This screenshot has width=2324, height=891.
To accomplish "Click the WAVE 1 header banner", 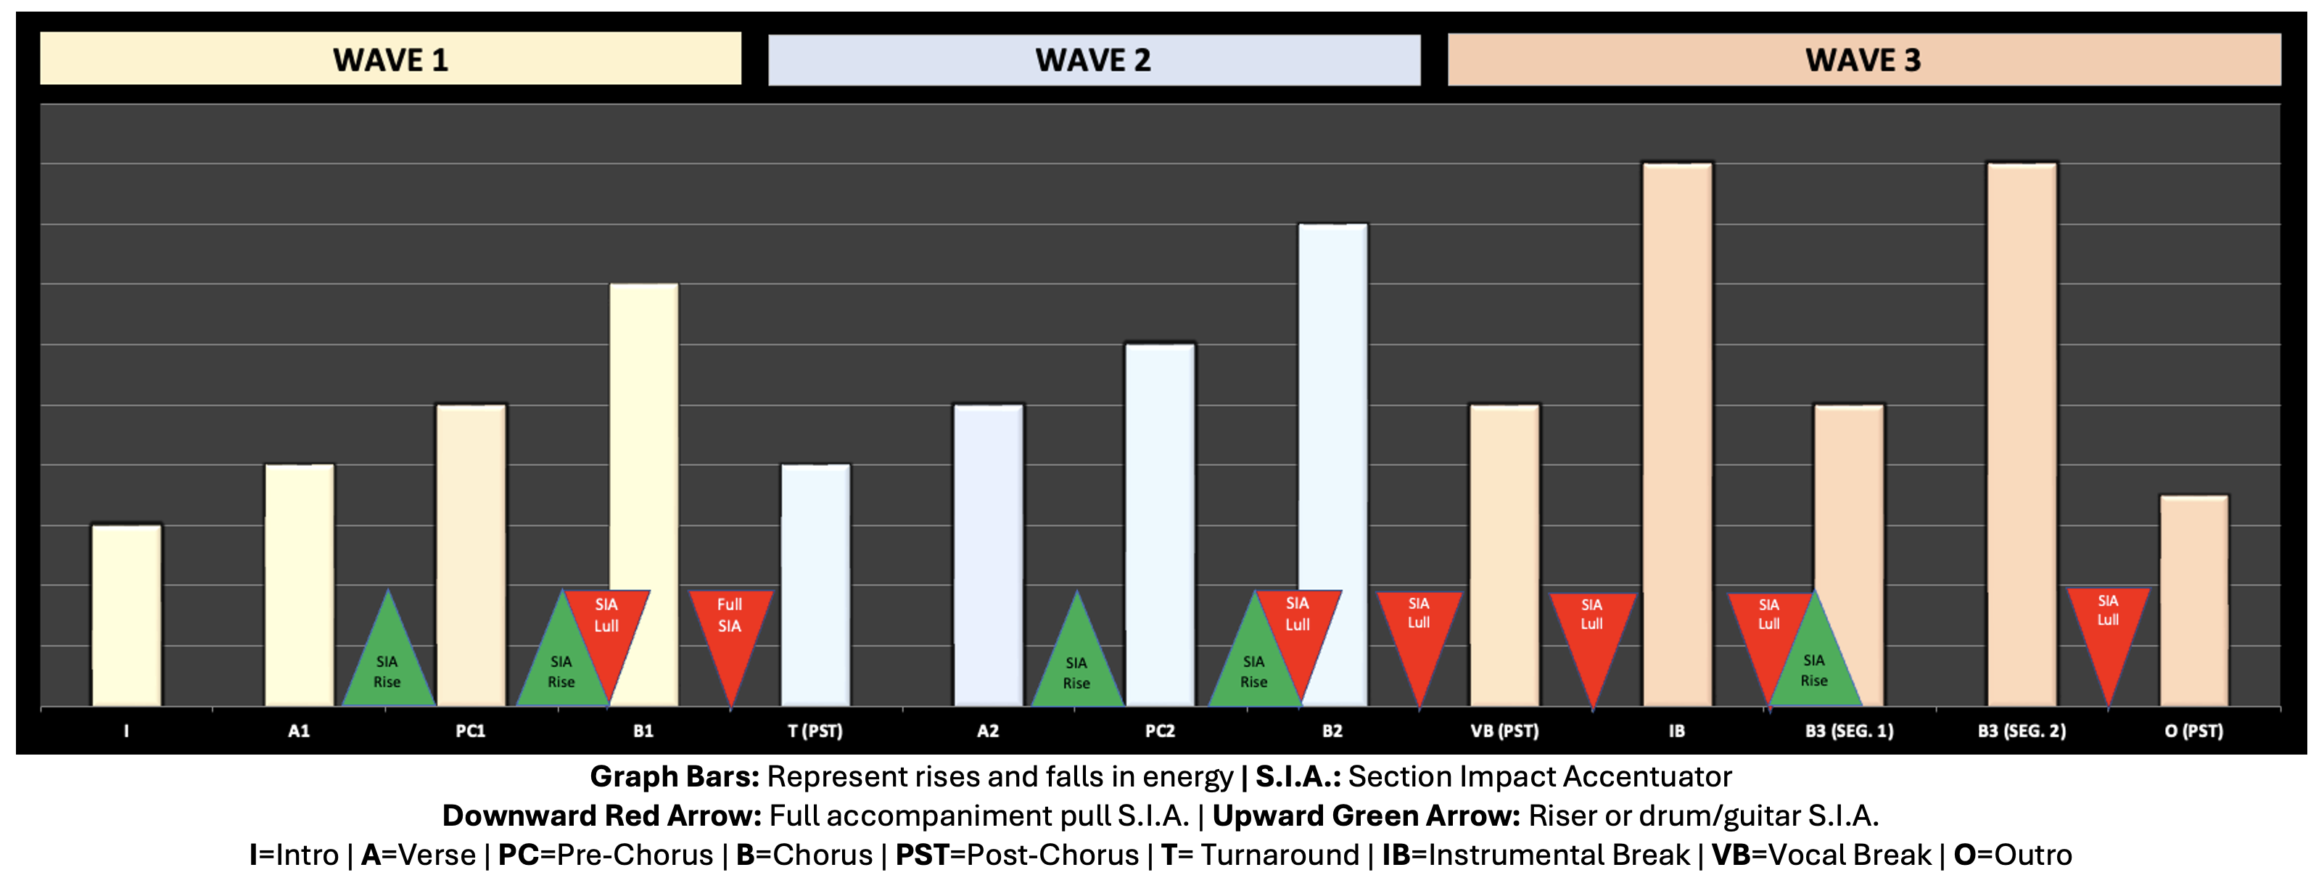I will pos(391,59).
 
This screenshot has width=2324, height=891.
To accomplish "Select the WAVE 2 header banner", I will pos(1093,60).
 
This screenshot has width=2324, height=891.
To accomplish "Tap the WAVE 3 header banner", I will pos(1864,60).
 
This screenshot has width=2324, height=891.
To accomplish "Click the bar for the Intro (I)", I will pos(126,614).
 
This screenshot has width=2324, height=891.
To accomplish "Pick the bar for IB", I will pos(1677,433).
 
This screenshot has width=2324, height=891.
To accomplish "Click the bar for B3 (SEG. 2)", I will pos(2022,433).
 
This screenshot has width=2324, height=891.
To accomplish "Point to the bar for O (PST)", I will pos(2194,600).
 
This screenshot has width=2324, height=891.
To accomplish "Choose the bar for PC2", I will pos(1161,524).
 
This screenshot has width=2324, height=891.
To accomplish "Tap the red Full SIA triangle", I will pos(730,632).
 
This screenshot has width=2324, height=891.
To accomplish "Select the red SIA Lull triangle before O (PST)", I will pos(2107,632).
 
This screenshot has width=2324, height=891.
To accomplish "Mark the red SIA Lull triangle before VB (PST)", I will pos(1419,632).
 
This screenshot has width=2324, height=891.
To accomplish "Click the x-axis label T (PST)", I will pos(815,731).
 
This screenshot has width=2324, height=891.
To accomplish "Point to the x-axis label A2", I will pos(988,731).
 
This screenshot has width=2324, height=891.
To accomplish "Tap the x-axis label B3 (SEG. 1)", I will pos(1850,731).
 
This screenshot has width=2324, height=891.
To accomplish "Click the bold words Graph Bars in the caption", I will pos(674,777).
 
